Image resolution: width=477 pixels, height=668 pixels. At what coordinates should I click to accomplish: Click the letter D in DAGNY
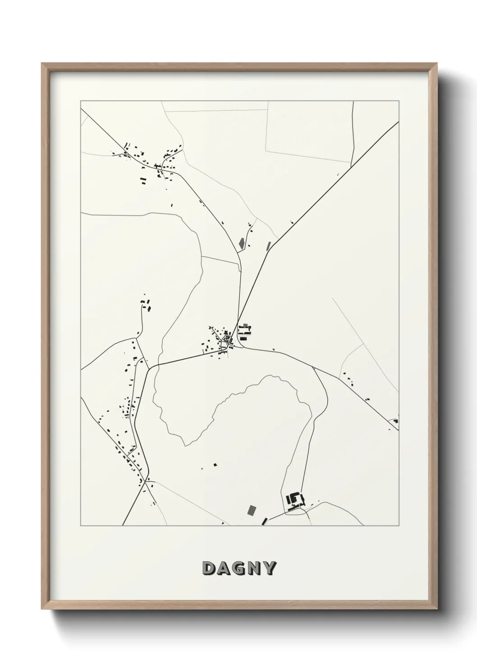click(209, 568)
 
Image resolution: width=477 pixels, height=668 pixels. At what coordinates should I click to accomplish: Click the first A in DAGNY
click(224, 568)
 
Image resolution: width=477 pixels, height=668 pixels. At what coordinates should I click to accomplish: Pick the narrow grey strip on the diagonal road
click(269, 246)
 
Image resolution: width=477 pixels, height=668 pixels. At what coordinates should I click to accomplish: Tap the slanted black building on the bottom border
click(265, 521)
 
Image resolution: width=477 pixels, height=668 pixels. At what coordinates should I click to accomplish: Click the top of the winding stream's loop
click(273, 376)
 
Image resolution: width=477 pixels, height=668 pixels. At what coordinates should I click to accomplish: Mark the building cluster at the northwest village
click(153, 162)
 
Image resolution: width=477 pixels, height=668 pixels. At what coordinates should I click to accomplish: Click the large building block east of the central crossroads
click(245, 331)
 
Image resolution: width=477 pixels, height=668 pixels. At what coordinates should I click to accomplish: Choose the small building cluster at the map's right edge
click(395, 422)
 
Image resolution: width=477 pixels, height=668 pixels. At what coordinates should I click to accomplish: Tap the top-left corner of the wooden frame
click(42, 64)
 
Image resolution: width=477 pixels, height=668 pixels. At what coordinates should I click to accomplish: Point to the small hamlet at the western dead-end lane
click(146, 305)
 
